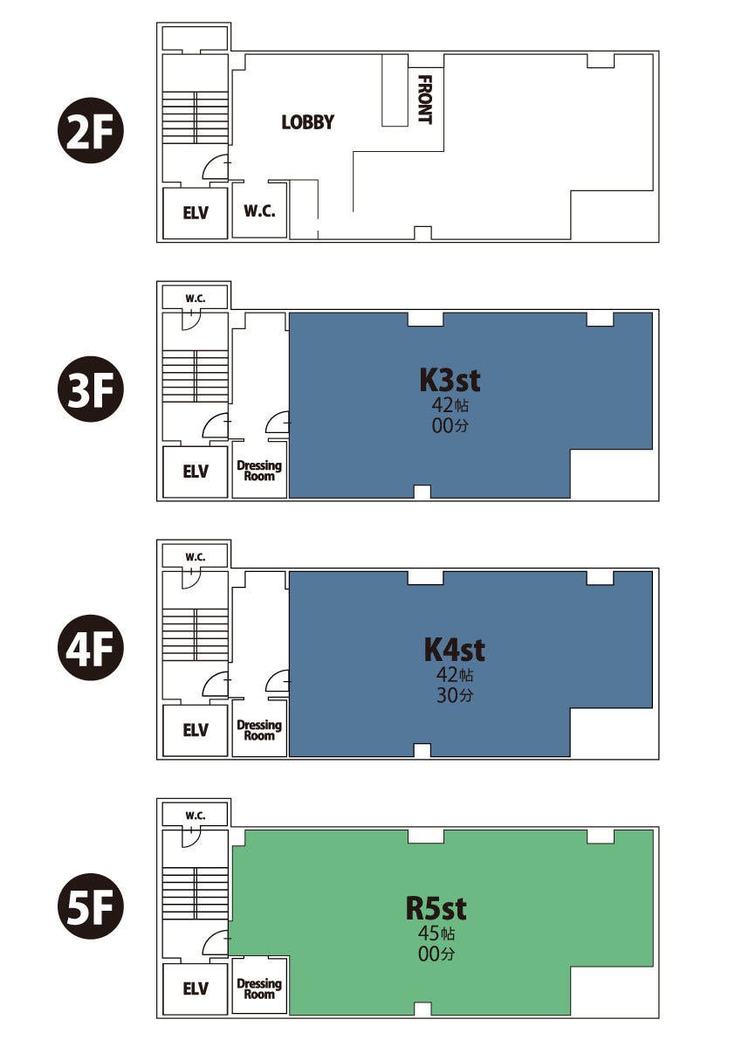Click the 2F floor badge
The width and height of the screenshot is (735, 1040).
pos(91,131)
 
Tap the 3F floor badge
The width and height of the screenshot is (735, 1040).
pos(91,389)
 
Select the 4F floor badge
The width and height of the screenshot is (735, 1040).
pos(91,648)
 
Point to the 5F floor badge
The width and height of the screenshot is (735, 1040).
pos(91,906)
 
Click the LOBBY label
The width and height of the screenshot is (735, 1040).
pos(307,122)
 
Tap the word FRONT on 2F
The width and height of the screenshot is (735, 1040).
pos(425,100)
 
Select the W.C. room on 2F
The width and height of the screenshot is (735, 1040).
pos(259,210)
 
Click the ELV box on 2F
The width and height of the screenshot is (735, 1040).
pos(196,213)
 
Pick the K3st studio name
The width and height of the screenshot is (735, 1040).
pos(450,380)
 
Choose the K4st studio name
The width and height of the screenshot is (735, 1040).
pos(454,650)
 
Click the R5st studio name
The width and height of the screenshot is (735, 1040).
pos(436,909)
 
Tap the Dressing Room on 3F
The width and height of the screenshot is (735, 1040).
pos(259,471)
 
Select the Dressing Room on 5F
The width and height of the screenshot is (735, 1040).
pos(259,988)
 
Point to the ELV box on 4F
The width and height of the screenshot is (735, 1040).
pos(196,730)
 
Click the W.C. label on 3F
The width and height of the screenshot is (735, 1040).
pos(196,299)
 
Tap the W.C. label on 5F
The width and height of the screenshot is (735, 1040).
pos(196,816)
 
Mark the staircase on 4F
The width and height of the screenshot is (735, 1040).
pos(196,635)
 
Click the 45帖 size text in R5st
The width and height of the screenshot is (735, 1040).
pos(436,933)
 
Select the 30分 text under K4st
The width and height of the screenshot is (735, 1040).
pos(455,695)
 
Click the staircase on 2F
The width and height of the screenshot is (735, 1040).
pos(196,117)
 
